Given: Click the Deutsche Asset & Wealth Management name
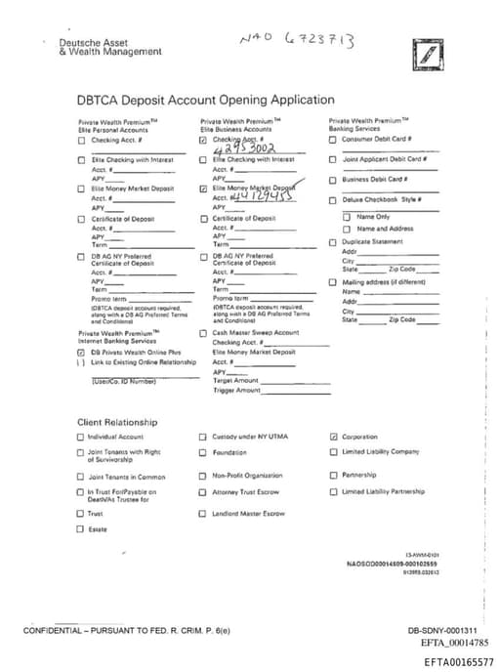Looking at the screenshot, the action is pyautogui.click(x=96, y=47).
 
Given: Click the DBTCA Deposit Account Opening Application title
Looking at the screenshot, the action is pyautogui.click(x=205, y=100).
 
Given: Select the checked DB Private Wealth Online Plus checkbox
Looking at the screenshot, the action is pyautogui.click(x=81, y=352).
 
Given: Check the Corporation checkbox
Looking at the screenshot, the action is pyautogui.click(x=334, y=437).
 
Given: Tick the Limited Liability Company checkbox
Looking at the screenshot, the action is pyautogui.click(x=334, y=451).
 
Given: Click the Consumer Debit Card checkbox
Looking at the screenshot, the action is pyautogui.click(x=333, y=140).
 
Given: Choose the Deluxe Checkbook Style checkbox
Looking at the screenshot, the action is pyautogui.click(x=333, y=199).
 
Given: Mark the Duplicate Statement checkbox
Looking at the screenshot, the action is pyautogui.click(x=333, y=241).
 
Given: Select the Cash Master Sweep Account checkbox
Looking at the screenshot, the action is pyautogui.click(x=203, y=333).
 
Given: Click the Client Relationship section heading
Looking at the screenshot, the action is pyautogui.click(x=117, y=422).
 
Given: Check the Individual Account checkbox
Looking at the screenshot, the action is pyautogui.click(x=81, y=437).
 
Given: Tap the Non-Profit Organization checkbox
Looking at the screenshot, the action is pyautogui.click(x=203, y=477).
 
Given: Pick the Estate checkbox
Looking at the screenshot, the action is pyautogui.click(x=81, y=529).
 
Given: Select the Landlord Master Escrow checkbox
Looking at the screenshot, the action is pyautogui.click(x=203, y=513).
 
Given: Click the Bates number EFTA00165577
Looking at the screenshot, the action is pyautogui.click(x=459, y=662).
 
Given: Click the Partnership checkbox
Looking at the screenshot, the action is pyautogui.click(x=334, y=477).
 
